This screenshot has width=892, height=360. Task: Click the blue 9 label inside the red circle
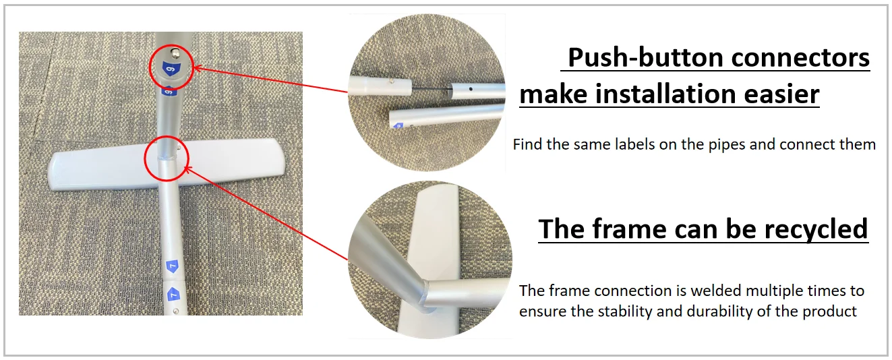tap(172, 70)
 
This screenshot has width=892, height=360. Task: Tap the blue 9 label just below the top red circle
tap(169, 92)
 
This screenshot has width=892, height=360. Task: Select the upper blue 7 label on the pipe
tap(172, 266)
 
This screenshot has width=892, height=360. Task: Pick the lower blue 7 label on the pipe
tap(173, 295)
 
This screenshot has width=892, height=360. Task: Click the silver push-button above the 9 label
tap(175, 52)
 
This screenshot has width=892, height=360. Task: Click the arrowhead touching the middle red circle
tap(187, 170)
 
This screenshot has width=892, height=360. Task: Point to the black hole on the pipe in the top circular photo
tap(471, 89)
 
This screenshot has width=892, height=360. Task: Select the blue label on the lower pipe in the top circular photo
tap(398, 126)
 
